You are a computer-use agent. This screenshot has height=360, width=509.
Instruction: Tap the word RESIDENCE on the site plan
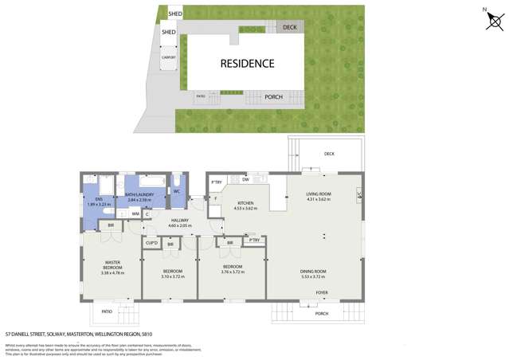(x=247, y=63)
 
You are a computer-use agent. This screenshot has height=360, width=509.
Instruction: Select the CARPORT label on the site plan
(x=169, y=57)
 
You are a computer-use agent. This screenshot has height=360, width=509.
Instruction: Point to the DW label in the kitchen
(x=245, y=180)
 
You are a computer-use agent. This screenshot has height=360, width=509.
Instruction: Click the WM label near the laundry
(x=135, y=213)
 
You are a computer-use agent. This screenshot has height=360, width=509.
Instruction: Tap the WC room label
(x=178, y=191)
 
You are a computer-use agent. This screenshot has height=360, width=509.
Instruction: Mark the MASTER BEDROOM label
(x=112, y=264)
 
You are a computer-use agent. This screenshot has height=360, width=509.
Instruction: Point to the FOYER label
(x=322, y=292)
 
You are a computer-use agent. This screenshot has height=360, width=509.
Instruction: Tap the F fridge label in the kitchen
(x=215, y=198)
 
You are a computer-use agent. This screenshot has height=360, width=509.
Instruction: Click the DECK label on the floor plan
(x=329, y=154)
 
